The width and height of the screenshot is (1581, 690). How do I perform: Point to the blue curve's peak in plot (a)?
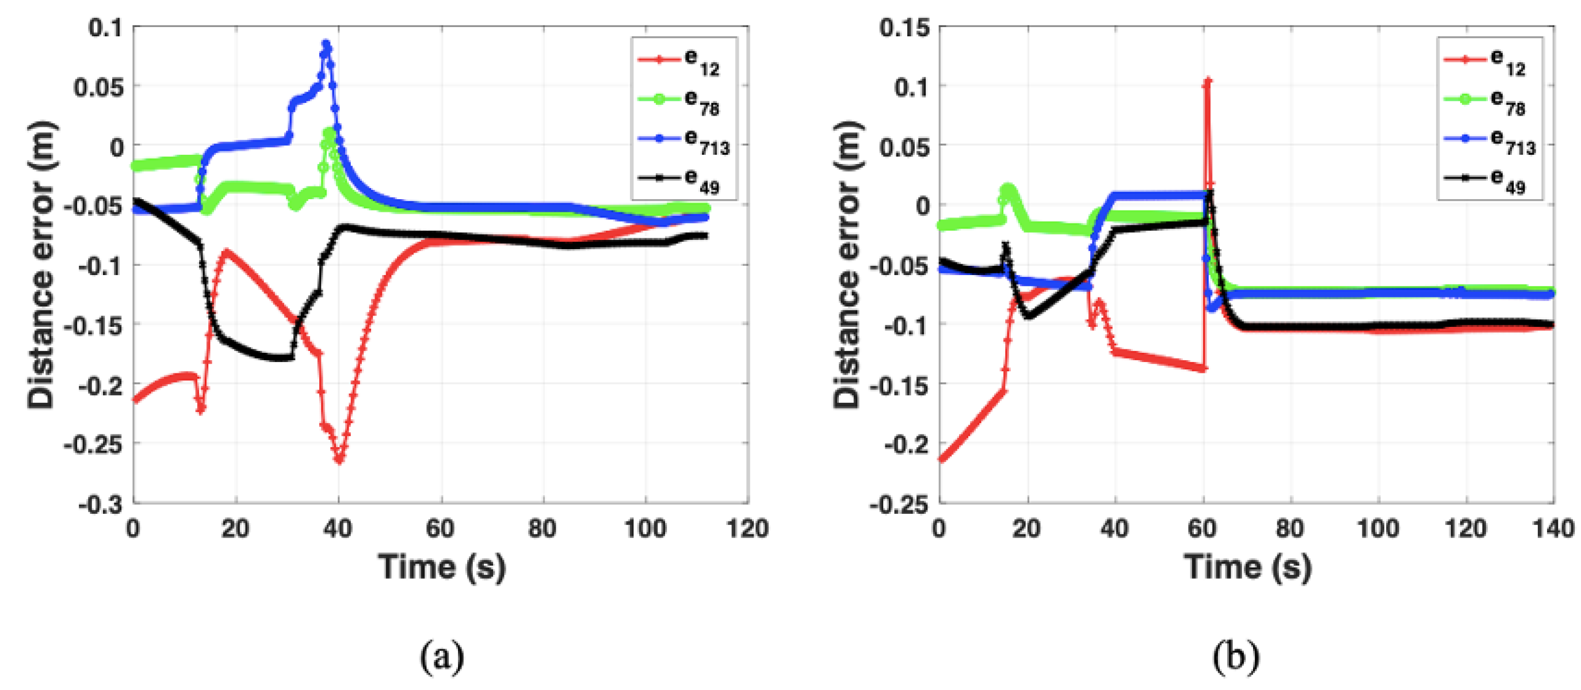pyautogui.click(x=326, y=44)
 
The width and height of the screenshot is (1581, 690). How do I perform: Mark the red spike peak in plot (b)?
pyautogui.click(x=1207, y=81)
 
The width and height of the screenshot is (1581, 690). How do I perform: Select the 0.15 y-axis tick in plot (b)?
pyautogui.click(x=903, y=28)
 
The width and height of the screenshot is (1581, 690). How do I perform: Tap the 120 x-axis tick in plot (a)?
pyautogui.click(x=747, y=528)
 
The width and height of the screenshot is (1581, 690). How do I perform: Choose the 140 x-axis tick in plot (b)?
pyautogui.click(x=1553, y=528)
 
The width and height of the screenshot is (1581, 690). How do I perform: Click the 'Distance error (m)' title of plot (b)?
pyautogui.click(x=847, y=265)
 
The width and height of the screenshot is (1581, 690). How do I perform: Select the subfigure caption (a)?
pyautogui.click(x=441, y=657)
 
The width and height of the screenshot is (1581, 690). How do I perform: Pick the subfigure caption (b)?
pyautogui.click(x=1235, y=657)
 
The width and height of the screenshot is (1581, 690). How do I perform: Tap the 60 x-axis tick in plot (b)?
pyautogui.click(x=1202, y=528)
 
